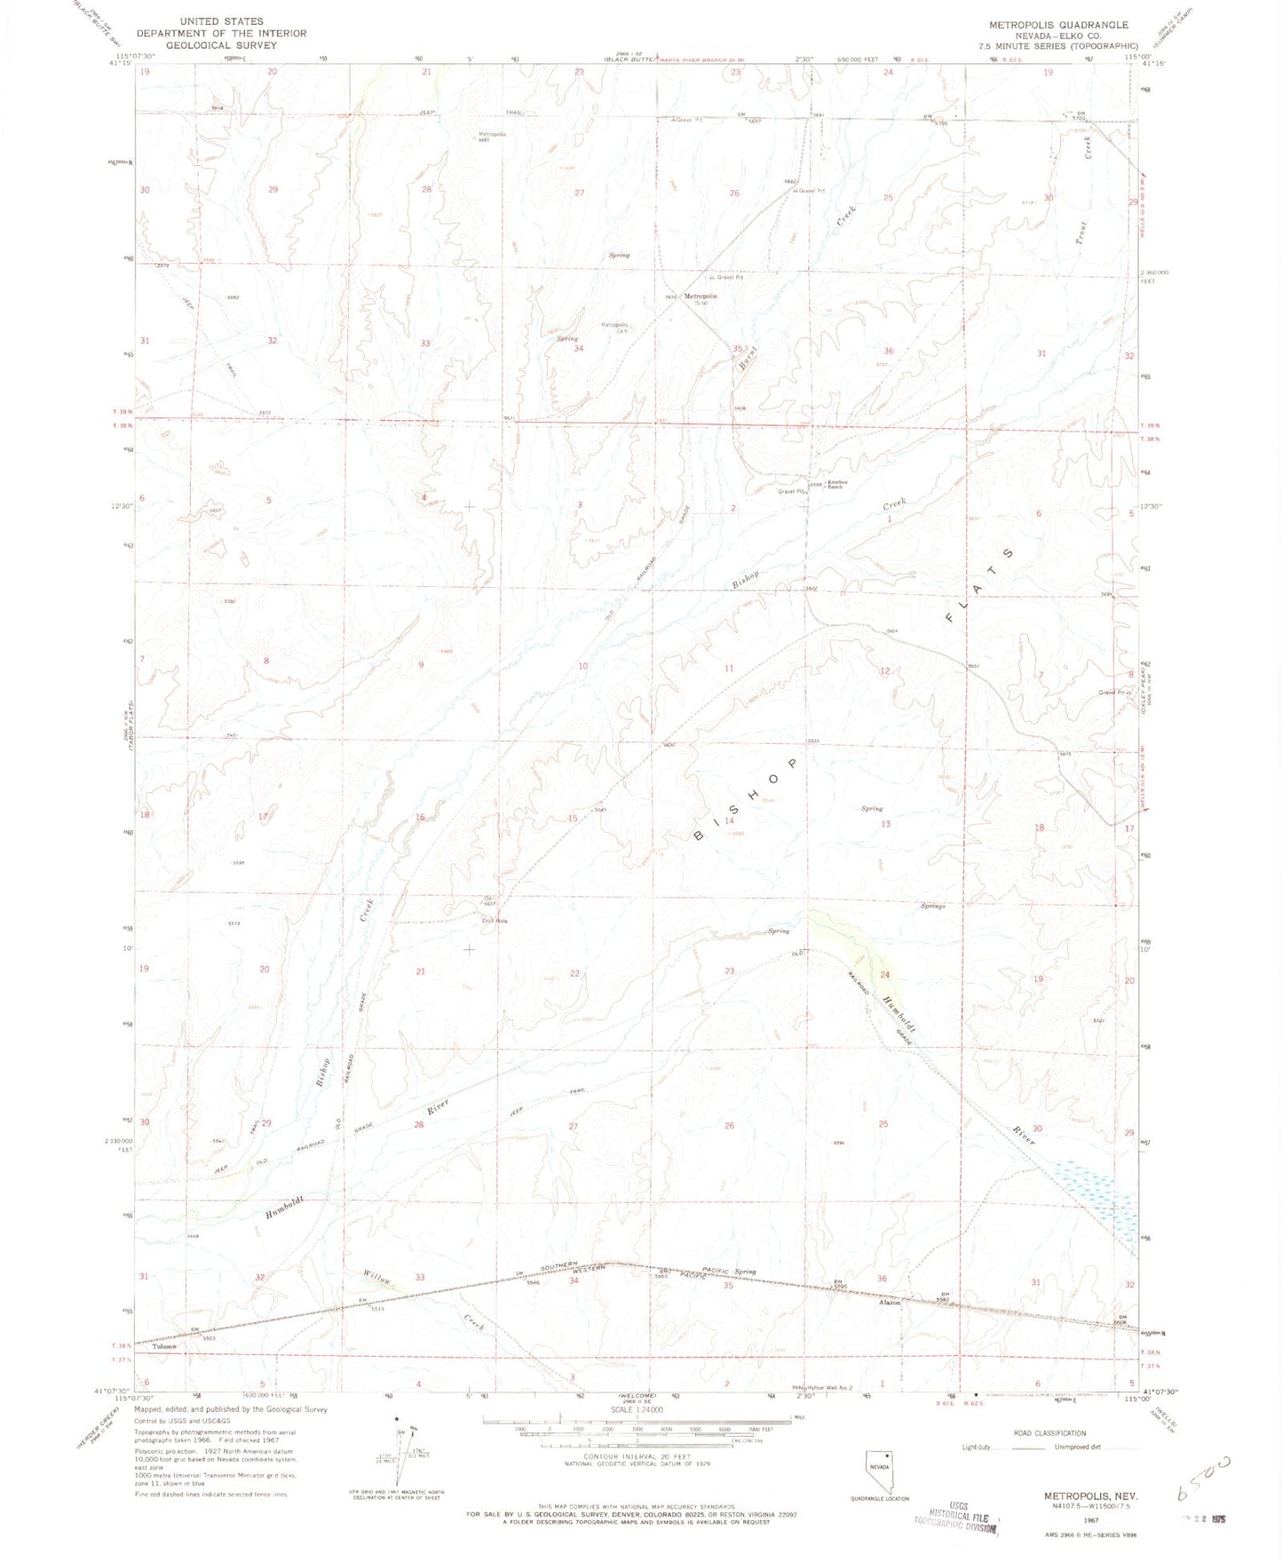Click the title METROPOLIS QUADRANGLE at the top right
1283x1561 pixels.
coord(1058,25)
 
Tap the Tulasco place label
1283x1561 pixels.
coord(164,1347)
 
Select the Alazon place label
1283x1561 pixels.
coord(889,1303)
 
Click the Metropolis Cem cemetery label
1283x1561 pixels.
coord(614,327)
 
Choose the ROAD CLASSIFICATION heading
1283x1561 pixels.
coord(1049,1433)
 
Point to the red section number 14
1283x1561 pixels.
coord(729,821)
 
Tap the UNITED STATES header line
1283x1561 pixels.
coord(221,20)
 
